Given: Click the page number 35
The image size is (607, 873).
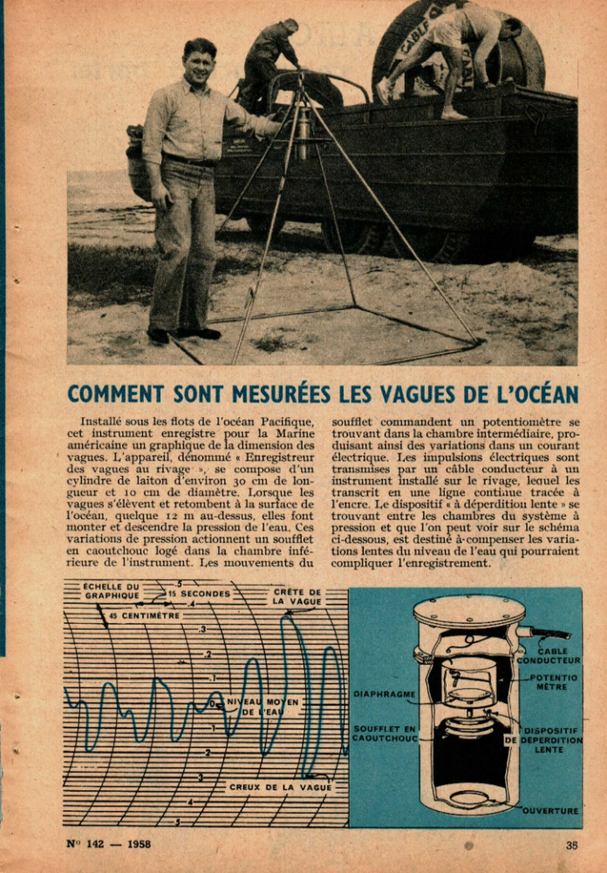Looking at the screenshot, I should [x=571, y=843].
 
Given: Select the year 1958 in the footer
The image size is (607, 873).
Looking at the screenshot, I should [x=138, y=843].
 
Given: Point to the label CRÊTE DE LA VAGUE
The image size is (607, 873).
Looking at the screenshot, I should [x=297, y=597].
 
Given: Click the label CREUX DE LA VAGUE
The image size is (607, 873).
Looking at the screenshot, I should [x=281, y=787].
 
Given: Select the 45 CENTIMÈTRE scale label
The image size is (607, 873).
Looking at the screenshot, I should [x=146, y=615].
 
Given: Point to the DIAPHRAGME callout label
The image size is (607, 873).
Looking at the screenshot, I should [x=385, y=694].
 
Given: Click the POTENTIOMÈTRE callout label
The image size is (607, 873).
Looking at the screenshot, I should [x=553, y=681].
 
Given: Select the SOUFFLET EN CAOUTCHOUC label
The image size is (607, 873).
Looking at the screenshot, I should [x=385, y=733].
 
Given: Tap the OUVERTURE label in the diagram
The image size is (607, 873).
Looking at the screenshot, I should [x=550, y=811].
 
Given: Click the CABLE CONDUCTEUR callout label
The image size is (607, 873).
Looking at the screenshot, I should [x=554, y=655].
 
